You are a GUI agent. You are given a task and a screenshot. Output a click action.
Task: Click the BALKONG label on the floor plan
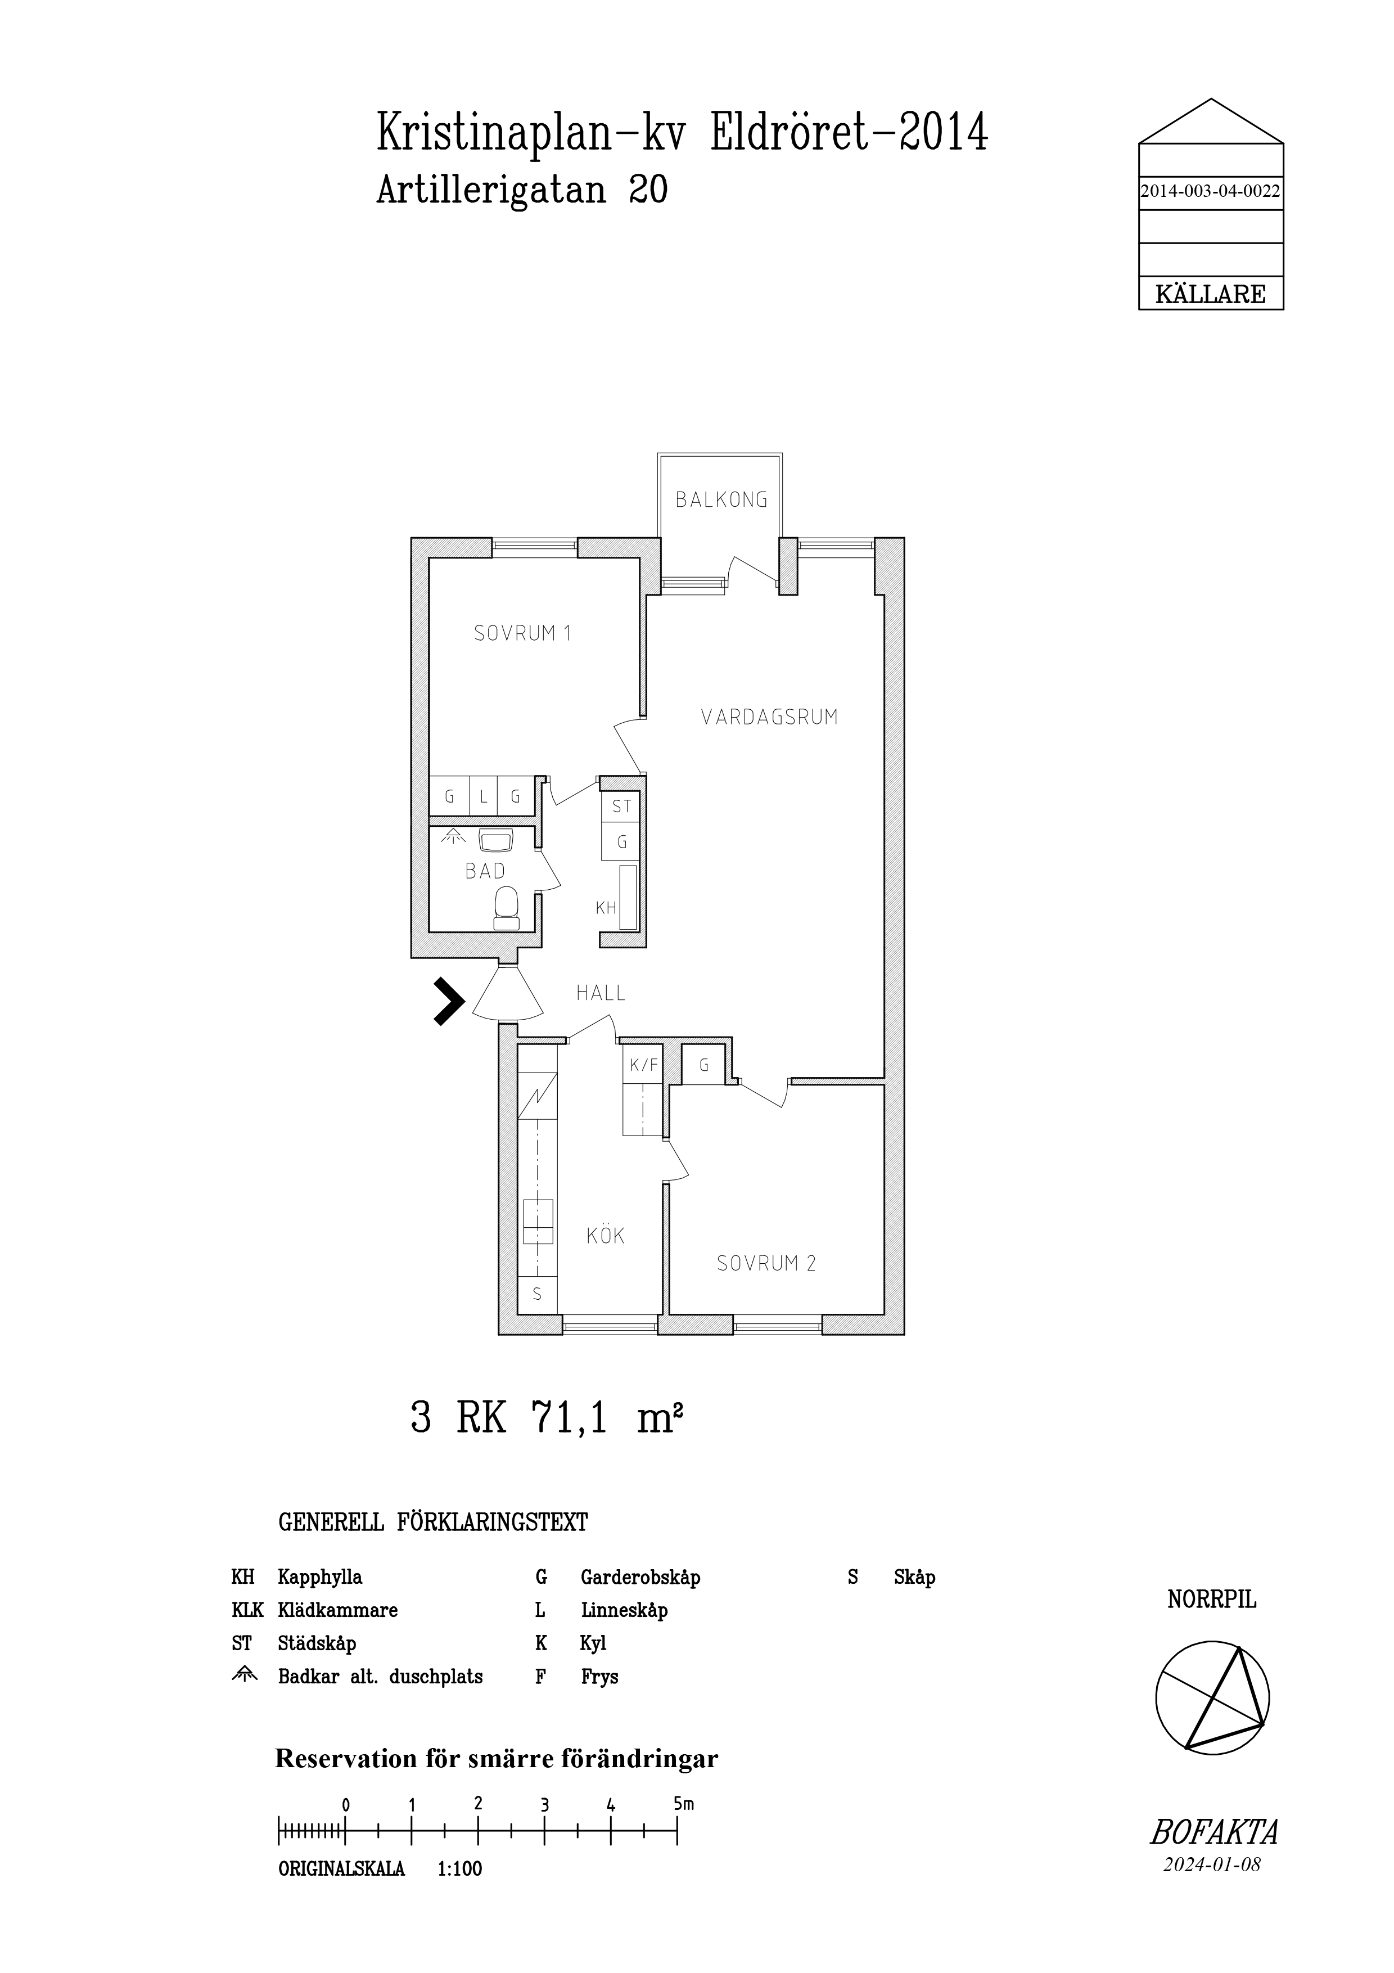pyautogui.click(x=721, y=499)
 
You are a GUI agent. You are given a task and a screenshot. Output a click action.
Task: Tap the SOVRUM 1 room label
pyautogui.click(x=522, y=633)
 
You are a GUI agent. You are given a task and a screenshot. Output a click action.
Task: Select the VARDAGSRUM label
pyautogui.click(x=770, y=717)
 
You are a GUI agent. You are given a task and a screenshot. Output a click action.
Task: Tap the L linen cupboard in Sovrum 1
pyautogui.click(x=484, y=796)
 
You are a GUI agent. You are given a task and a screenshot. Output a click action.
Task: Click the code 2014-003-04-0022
pyautogui.click(x=1210, y=192)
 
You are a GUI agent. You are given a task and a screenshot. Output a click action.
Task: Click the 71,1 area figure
pyautogui.click(x=570, y=1417)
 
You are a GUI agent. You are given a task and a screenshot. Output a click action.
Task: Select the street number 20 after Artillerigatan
pyautogui.click(x=648, y=189)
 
